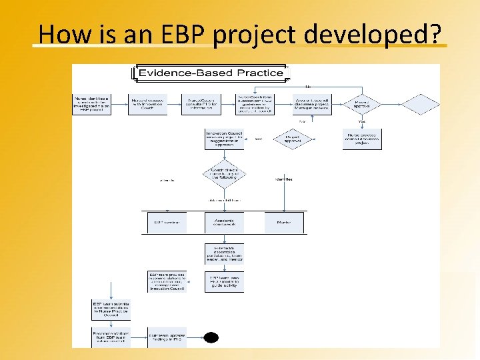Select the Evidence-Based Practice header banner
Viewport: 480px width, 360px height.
coord(210,73)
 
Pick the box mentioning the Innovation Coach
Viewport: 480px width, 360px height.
coord(147,104)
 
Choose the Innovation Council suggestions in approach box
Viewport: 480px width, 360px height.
coord(224,139)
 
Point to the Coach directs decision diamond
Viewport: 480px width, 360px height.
coord(224,175)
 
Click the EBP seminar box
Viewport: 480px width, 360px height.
coord(166,222)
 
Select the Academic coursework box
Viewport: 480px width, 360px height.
coord(224,222)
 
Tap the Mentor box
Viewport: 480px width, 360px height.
coord(284,222)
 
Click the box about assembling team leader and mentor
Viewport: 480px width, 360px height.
coord(224,254)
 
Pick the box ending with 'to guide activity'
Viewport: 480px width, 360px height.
coord(224,281)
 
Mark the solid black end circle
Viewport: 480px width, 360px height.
coord(211,337)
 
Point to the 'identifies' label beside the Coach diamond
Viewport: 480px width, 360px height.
coord(284,179)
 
